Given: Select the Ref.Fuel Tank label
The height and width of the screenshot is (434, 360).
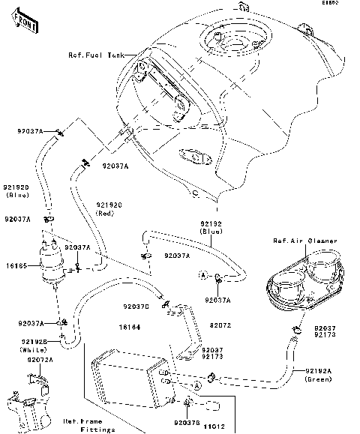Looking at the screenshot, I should [x=95, y=55].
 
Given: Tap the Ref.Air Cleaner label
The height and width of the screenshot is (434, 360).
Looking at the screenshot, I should [x=304, y=241].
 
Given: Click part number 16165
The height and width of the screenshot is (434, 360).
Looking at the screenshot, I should [x=16, y=265].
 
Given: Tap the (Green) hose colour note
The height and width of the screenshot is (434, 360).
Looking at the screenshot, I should [x=318, y=379].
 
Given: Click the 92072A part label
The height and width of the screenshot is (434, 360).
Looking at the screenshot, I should [x=40, y=360].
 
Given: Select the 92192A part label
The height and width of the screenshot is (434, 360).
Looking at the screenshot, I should [x=319, y=370].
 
